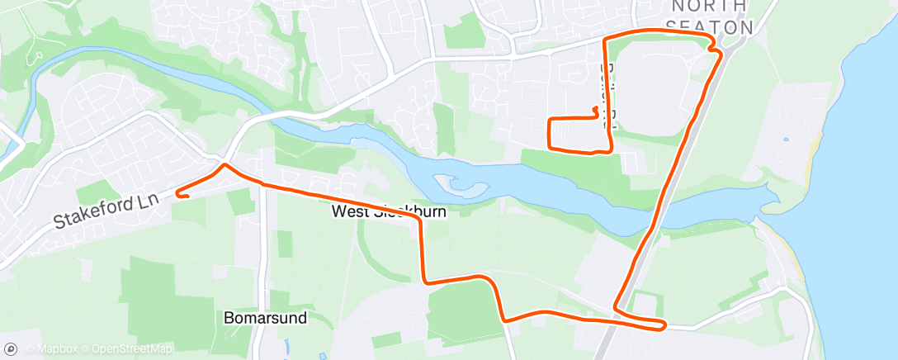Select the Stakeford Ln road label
point(106,211)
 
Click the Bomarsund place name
point(266,317)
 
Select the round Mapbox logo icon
point(11,349)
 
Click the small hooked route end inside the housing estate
point(594,108)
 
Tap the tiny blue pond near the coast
point(785,139)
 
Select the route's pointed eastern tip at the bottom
point(664,324)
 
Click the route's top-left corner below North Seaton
point(607,40)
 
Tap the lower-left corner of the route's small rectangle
point(551,148)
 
